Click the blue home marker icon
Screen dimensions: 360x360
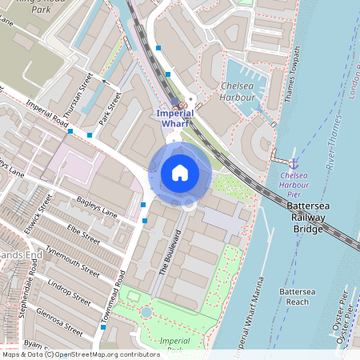pyautogui.click(x=180, y=173)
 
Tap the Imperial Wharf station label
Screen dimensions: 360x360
pyautogui.click(x=175, y=118)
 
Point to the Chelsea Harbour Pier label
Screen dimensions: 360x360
pyautogui.click(x=299, y=186)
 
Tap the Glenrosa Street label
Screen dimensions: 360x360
pyautogui.click(x=60, y=318)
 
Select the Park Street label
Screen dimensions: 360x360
pyautogui.click(x=110, y=109)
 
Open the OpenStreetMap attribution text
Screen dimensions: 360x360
pyautogui.click(x=80, y=354)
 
